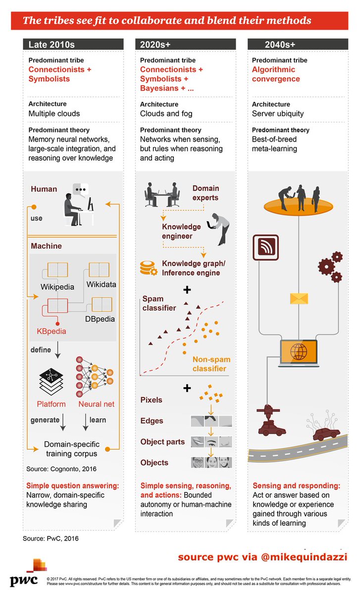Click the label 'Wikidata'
point(101,285)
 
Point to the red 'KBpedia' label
point(51,331)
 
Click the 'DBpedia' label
point(100,319)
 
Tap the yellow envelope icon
point(299,298)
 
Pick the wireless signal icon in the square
point(265,247)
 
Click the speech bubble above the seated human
point(80,190)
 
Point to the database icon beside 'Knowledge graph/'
point(148,268)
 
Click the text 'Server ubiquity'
point(278,114)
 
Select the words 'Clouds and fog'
point(166,114)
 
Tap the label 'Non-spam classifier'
point(211,364)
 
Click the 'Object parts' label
point(162,442)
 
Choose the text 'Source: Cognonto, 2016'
point(61,469)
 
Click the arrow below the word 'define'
point(57,350)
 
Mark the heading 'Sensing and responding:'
point(296,486)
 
